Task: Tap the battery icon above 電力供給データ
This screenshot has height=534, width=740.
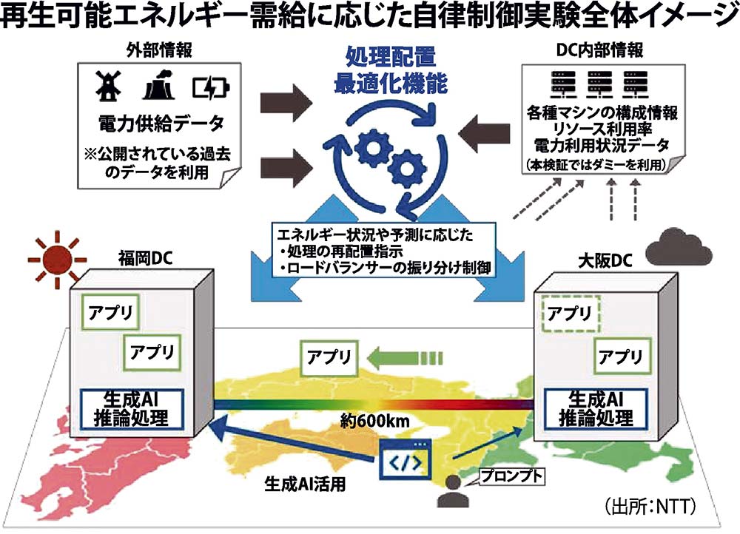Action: [211, 88]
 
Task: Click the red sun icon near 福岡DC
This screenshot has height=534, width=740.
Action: [58, 259]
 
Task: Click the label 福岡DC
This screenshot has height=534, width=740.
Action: [145, 259]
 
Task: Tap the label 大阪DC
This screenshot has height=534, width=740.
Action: [605, 261]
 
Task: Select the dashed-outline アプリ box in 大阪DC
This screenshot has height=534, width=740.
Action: [571, 313]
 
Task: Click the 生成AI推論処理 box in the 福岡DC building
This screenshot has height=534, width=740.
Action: [131, 408]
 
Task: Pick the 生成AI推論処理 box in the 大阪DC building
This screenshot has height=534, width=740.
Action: [596, 408]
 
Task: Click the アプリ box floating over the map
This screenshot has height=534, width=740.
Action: [329, 357]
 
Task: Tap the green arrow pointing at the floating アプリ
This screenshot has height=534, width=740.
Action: [405, 357]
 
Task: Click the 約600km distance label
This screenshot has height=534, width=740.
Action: [374, 421]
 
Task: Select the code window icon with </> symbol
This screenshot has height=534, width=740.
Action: [406, 459]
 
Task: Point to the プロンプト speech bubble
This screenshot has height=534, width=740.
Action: [511, 476]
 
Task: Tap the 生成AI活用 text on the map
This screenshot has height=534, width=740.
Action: [306, 484]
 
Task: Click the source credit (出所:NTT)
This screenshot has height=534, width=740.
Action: [650, 507]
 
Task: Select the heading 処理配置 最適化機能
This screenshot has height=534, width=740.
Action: [391, 71]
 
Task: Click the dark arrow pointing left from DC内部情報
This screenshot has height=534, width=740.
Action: [484, 132]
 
